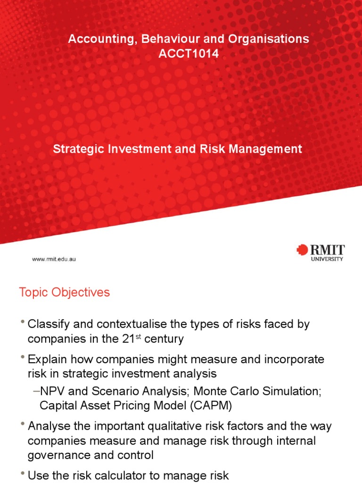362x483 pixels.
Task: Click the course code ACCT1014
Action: [x=189, y=54]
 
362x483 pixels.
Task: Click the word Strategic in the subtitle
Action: [x=77, y=150]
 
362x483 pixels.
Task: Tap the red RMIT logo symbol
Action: [x=302, y=250]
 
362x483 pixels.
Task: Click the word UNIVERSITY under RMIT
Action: [x=327, y=258]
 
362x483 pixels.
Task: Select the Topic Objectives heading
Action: [x=64, y=292]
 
